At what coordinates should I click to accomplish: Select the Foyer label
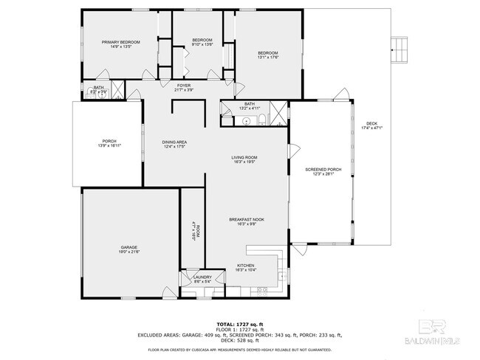point(184,86)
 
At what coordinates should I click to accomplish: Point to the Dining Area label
point(174,142)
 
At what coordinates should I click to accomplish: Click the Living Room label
point(244,157)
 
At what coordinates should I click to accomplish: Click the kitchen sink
point(281,277)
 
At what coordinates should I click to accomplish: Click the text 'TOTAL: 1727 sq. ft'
point(239,324)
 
